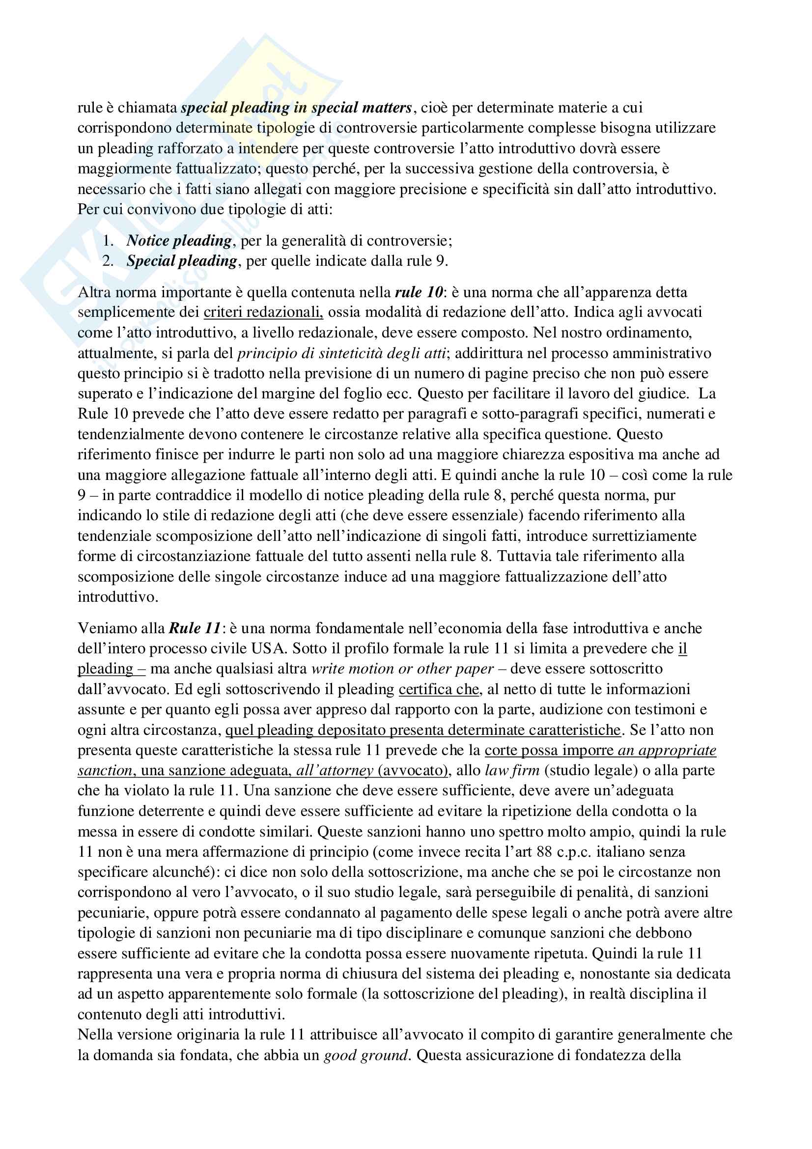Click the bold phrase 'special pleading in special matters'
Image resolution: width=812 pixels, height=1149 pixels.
click(296, 108)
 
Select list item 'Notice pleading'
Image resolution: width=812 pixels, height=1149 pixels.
click(179, 241)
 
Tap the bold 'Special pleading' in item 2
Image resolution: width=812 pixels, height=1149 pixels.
click(182, 261)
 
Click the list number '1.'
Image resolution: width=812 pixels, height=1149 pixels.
click(108, 241)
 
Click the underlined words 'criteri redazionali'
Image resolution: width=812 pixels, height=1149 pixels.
click(263, 312)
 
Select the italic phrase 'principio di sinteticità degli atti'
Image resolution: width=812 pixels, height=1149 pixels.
click(342, 353)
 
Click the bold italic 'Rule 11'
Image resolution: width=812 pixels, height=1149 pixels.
click(195, 628)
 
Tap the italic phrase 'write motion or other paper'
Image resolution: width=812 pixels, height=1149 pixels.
click(402, 669)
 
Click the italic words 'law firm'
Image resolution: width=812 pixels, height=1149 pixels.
click(512, 770)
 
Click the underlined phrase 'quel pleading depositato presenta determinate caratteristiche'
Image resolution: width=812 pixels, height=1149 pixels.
click(423, 729)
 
